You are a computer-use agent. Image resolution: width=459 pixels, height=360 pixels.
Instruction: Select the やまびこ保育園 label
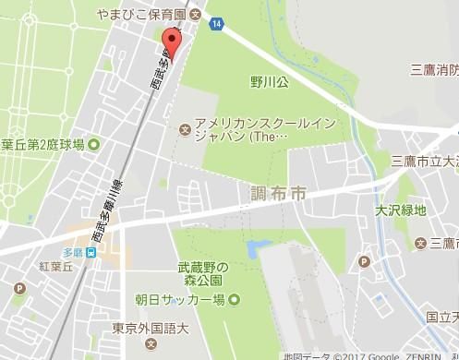click(142, 14)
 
